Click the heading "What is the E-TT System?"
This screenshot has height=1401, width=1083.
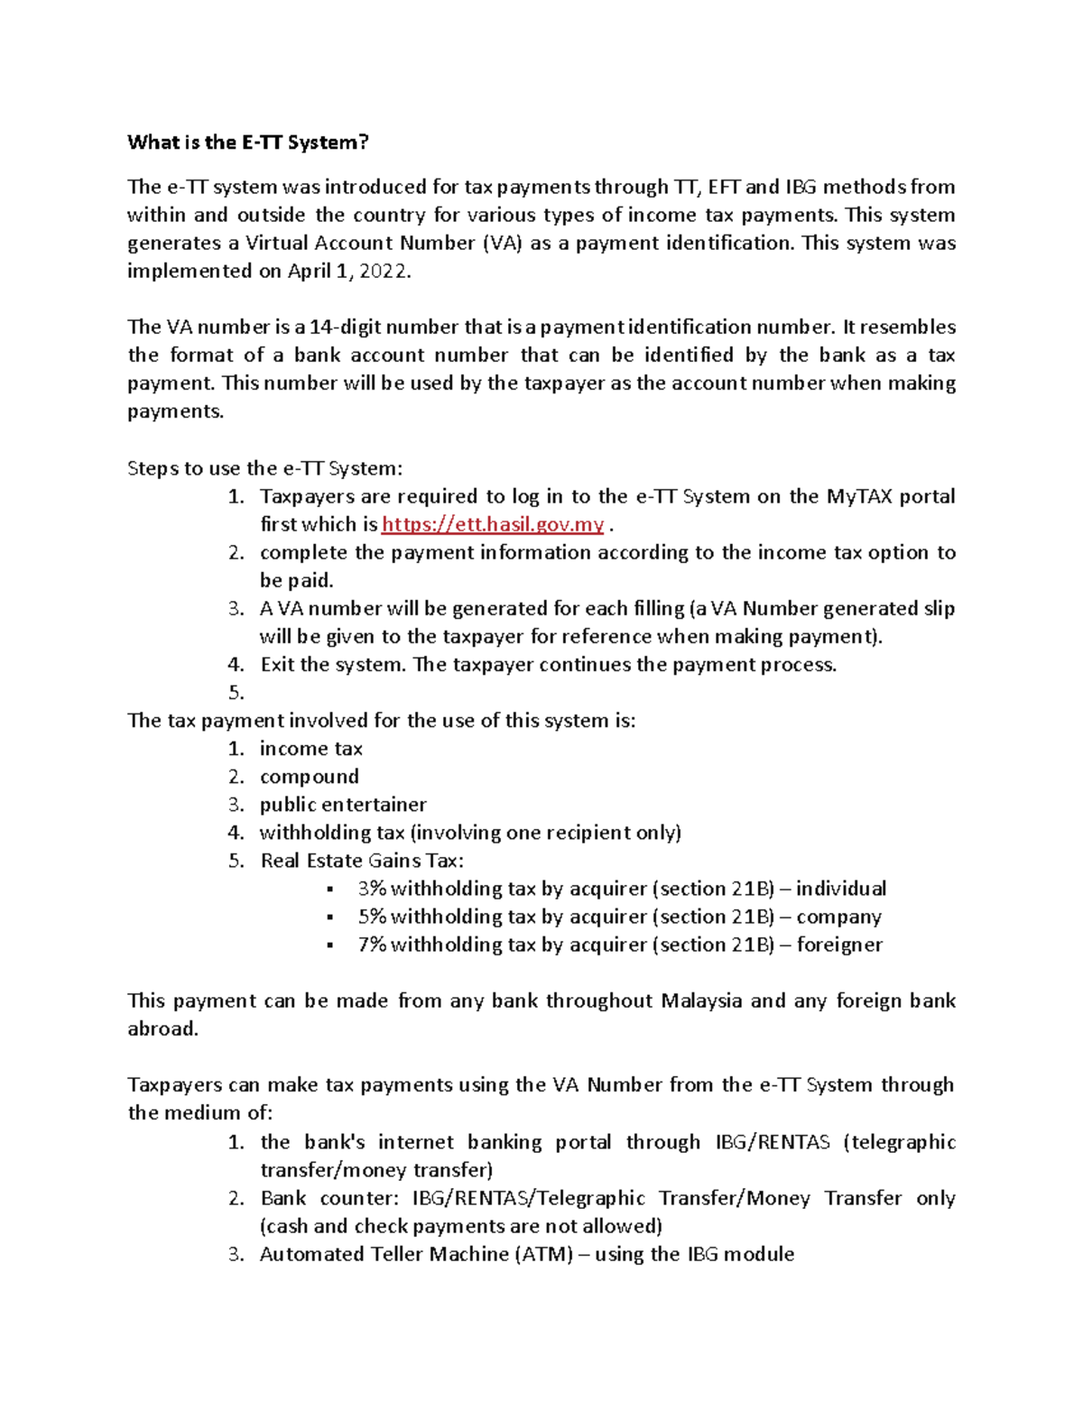tap(248, 142)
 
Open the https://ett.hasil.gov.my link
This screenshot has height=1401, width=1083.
tap(493, 525)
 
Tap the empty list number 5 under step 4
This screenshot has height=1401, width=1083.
tap(236, 693)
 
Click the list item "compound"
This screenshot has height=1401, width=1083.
tap(309, 777)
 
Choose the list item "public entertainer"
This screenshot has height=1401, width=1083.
tap(343, 805)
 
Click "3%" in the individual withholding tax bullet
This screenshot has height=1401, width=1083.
tap(371, 889)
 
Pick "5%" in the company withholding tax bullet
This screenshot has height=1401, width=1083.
tap(371, 917)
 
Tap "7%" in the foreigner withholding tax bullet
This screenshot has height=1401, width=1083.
tap(371, 945)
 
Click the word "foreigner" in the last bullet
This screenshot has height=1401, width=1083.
tap(839, 945)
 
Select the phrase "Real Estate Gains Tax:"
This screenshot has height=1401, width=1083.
tap(362, 861)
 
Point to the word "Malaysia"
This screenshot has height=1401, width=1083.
tap(701, 1000)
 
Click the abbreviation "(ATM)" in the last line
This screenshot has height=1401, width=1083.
tap(544, 1254)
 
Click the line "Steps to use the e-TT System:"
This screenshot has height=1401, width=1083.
tap(264, 468)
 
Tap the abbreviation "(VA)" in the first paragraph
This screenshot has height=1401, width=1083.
tap(502, 244)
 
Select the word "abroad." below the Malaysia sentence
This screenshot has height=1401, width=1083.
tap(162, 1028)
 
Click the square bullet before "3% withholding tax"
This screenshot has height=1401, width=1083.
tap(330, 889)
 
